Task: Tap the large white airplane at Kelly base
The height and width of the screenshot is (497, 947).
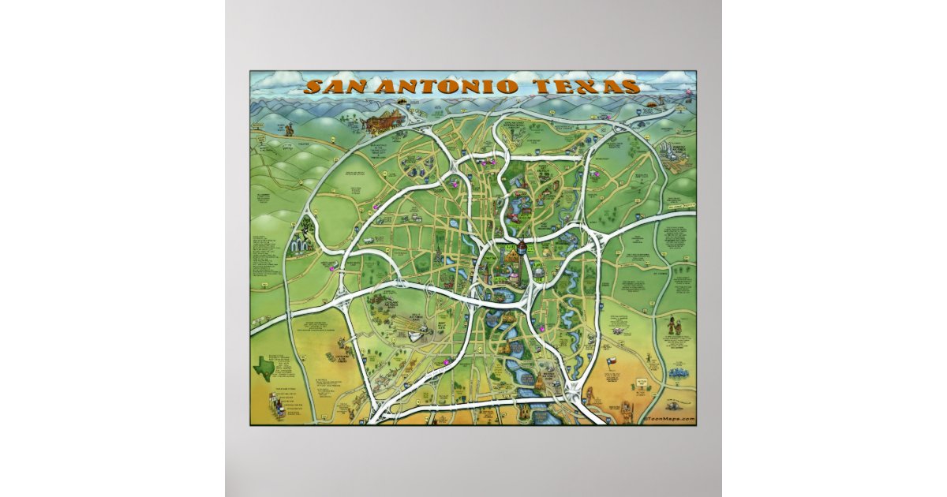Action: [x=414, y=336]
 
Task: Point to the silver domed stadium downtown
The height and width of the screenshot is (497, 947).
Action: [x=537, y=272]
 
